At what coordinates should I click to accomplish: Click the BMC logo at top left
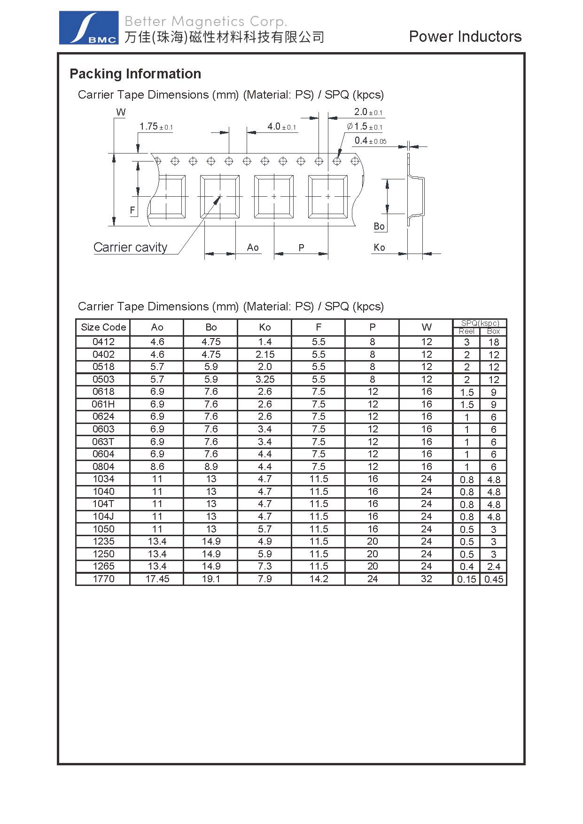(88, 28)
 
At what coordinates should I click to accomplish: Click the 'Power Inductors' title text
(465, 37)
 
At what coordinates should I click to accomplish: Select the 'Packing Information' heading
(135, 74)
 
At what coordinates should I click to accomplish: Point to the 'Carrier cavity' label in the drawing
(130, 247)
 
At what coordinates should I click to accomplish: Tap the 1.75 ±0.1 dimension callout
(156, 127)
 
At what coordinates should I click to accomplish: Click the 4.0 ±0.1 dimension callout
(281, 127)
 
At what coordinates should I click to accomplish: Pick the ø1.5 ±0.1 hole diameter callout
(365, 127)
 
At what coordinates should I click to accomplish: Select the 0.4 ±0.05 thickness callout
(370, 141)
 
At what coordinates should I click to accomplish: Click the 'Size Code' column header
(103, 327)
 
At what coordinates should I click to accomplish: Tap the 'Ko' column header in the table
(265, 327)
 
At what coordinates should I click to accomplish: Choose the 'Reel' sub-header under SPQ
(466, 331)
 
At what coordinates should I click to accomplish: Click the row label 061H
(103, 404)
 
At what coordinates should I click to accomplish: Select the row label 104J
(103, 516)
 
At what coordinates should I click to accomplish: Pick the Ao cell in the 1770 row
(157, 579)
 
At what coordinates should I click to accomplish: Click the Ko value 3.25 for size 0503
(265, 379)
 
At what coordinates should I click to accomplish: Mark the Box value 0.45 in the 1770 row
(494, 579)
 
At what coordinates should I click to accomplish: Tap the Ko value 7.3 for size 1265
(265, 566)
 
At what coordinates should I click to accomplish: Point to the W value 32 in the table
(427, 579)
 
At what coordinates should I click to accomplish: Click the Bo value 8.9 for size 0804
(211, 467)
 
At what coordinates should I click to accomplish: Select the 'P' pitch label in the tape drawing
(301, 247)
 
